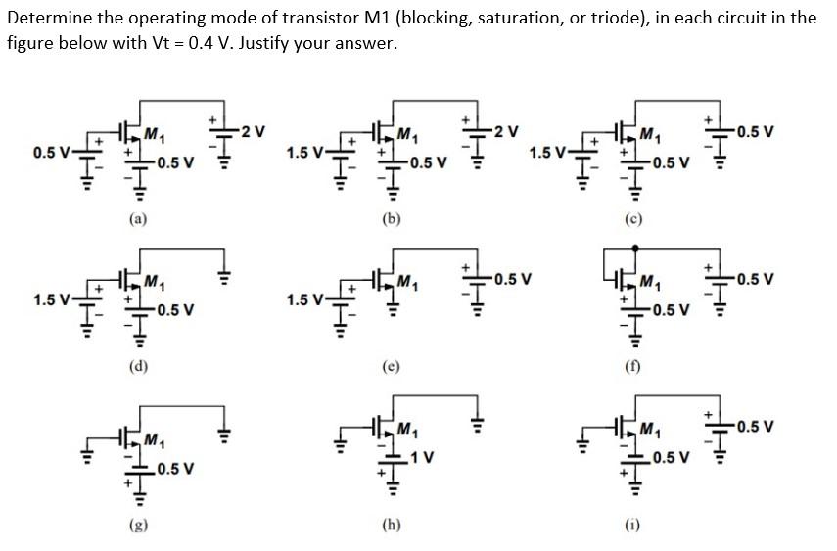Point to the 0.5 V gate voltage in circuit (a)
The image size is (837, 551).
pyautogui.click(x=51, y=153)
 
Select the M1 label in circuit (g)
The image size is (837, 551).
pyautogui.click(x=154, y=437)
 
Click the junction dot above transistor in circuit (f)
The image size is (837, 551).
pyautogui.click(x=635, y=248)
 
